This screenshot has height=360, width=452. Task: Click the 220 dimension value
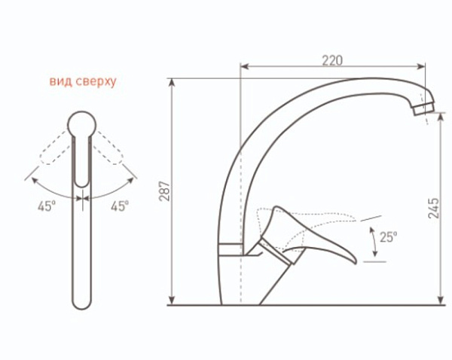tap(332, 60)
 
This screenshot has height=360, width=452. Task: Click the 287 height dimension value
tap(165, 191)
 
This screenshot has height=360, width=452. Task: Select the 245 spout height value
tap(434, 208)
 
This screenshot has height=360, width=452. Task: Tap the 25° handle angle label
tap(388, 237)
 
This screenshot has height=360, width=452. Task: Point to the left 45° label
tap(47, 206)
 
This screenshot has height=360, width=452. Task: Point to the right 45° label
tap(120, 206)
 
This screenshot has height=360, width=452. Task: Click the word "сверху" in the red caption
tap(96, 82)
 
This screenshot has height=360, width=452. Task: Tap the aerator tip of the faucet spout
tap(423, 109)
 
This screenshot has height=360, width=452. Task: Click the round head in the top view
tap(82, 125)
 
